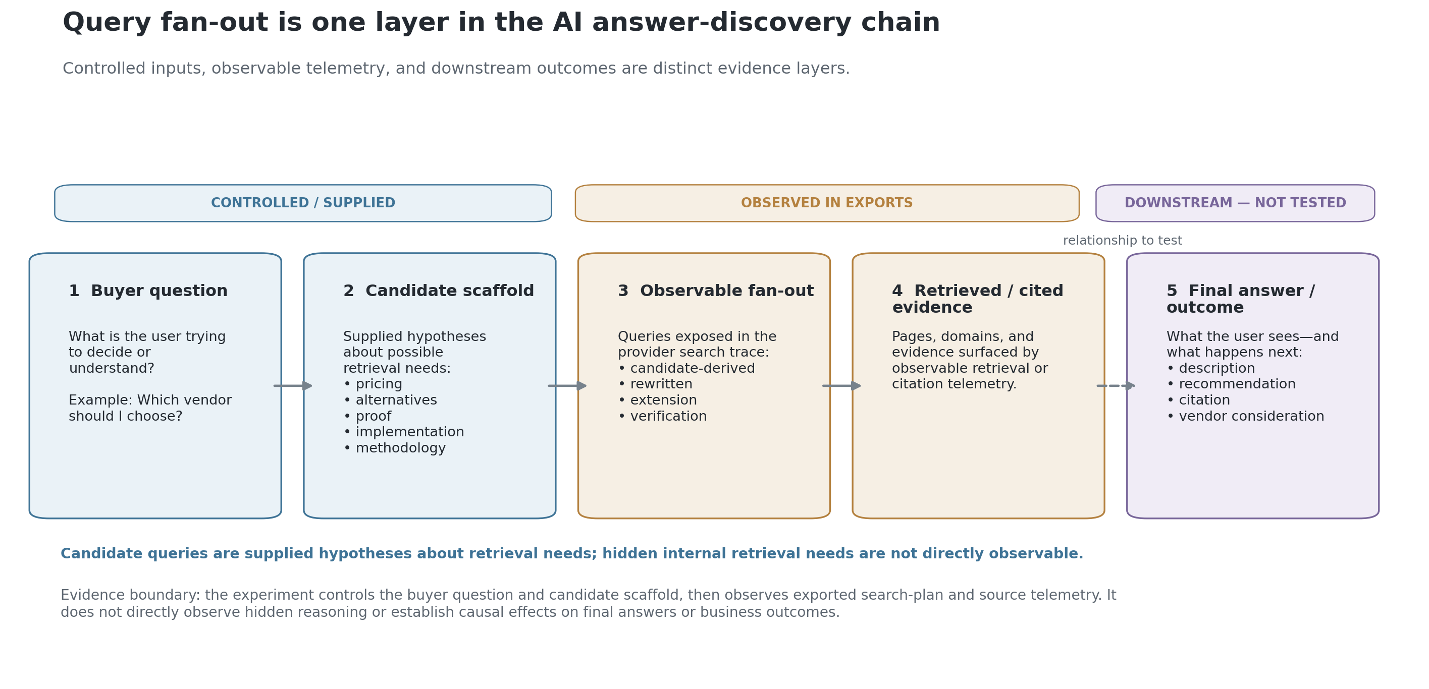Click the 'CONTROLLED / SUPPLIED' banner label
pyautogui.click(x=303, y=203)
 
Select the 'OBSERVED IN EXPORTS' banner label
pyautogui.click(x=826, y=203)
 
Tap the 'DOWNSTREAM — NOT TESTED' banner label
pyautogui.click(x=1235, y=203)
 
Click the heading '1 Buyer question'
pyautogui.click(x=148, y=291)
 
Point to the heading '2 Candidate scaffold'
pyautogui.click(x=438, y=291)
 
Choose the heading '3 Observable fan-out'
pyautogui.click(x=716, y=291)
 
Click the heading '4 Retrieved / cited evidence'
pyautogui.click(x=977, y=299)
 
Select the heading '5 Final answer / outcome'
pyautogui.click(x=1240, y=299)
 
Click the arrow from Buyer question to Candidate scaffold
pyautogui.click(x=293, y=386)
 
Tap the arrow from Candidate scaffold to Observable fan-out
pyautogui.click(x=567, y=386)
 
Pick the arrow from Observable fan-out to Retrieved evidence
pyautogui.click(x=841, y=386)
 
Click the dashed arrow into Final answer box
pyautogui.click(x=1116, y=386)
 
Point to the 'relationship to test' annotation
pyautogui.click(x=1122, y=241)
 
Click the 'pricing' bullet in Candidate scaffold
pyautogui.click(x=373, y=384)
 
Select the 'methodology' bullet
pyautogui.click(x=394, y=448)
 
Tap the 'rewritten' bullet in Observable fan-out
pyautogui.click(x=655, y=384)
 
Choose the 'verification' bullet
pyautogui.click(x=662, y=416)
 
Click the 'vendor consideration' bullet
pyautogui.click(x=1245, y=416)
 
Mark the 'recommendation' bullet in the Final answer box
pyautogui.click(x=1231, y=384)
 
